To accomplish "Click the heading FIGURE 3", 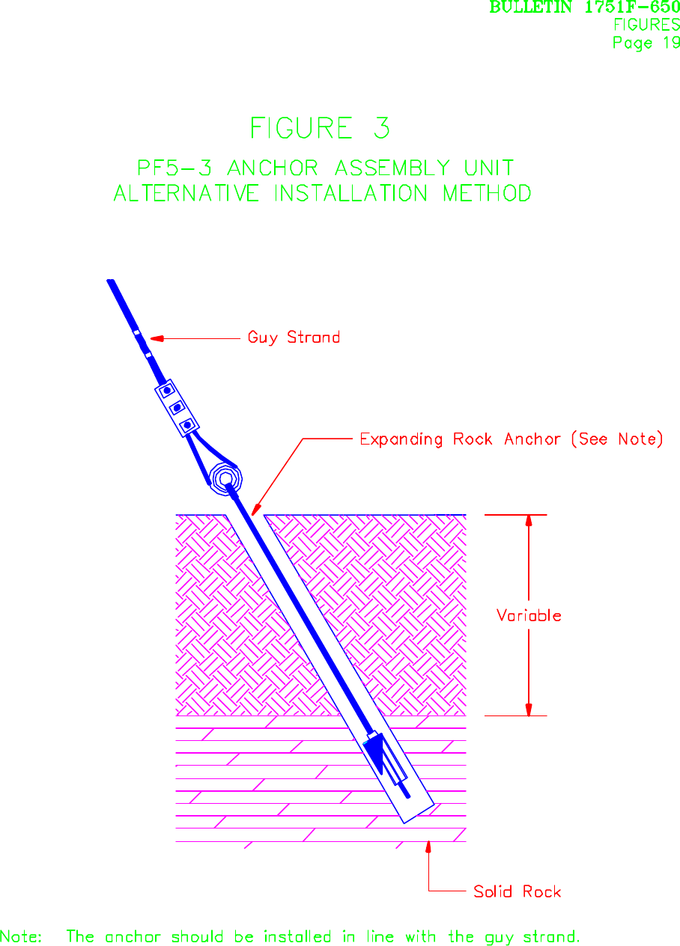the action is point(320,129).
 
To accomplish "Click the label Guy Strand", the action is point(294,338).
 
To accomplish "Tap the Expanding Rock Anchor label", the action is point(511,439).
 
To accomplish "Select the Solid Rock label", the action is point(517,891).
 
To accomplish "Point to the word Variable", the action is point(529,616).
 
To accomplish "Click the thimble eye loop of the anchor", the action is point(225,477).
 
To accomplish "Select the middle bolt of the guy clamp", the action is point(177,408).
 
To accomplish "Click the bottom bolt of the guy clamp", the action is point(188,425).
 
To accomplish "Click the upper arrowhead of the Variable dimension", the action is point(529,521).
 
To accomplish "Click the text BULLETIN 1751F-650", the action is point(585,7).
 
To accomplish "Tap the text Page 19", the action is point(646,43).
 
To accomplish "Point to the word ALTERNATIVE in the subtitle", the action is point(186,194).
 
